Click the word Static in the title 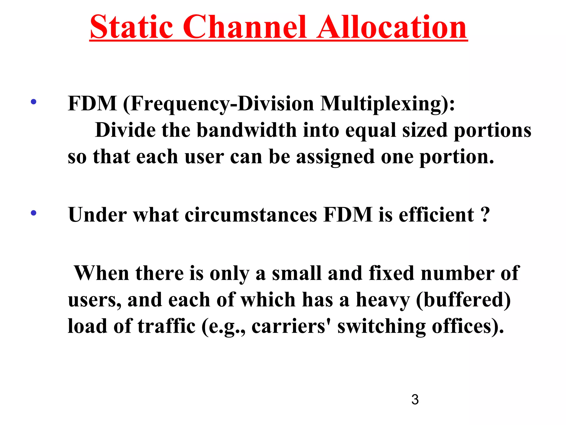132,28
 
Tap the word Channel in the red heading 245,28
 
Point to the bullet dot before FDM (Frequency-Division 33,102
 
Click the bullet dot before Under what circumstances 33,213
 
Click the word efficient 436,215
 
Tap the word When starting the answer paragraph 101,273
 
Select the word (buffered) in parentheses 463,300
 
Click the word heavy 383,300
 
